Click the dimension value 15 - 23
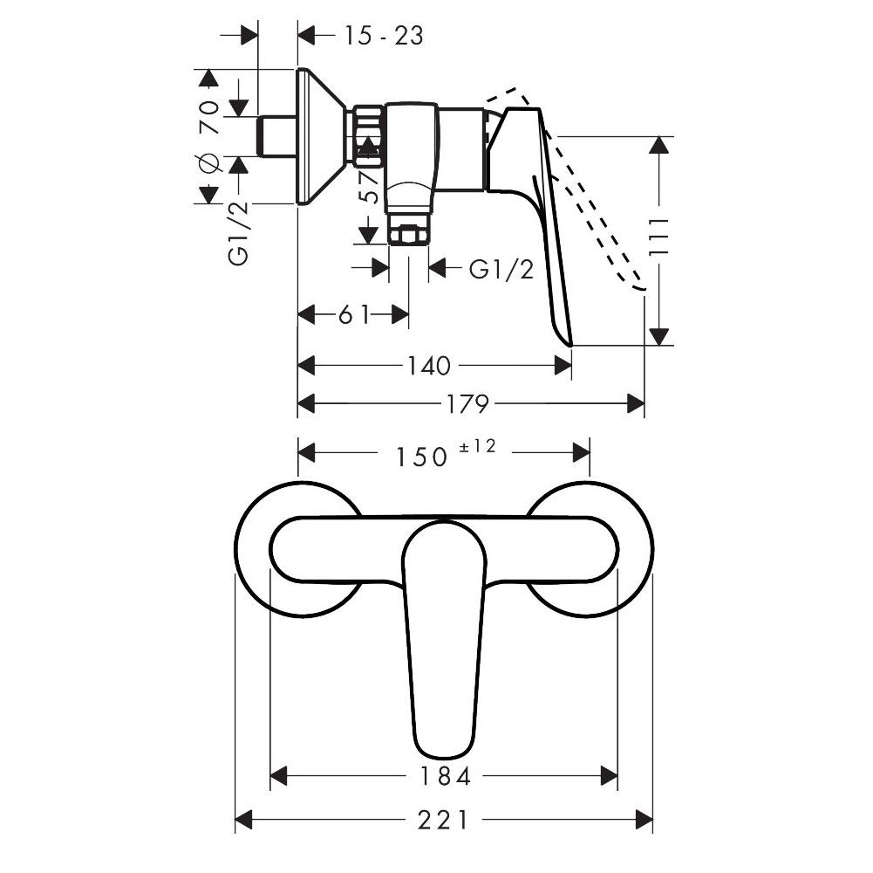click(383, 36)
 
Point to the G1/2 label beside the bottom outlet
click(501, 269)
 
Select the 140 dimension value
click(427, 366)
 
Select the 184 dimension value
click(444, 775)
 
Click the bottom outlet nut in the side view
click(408, 235)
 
